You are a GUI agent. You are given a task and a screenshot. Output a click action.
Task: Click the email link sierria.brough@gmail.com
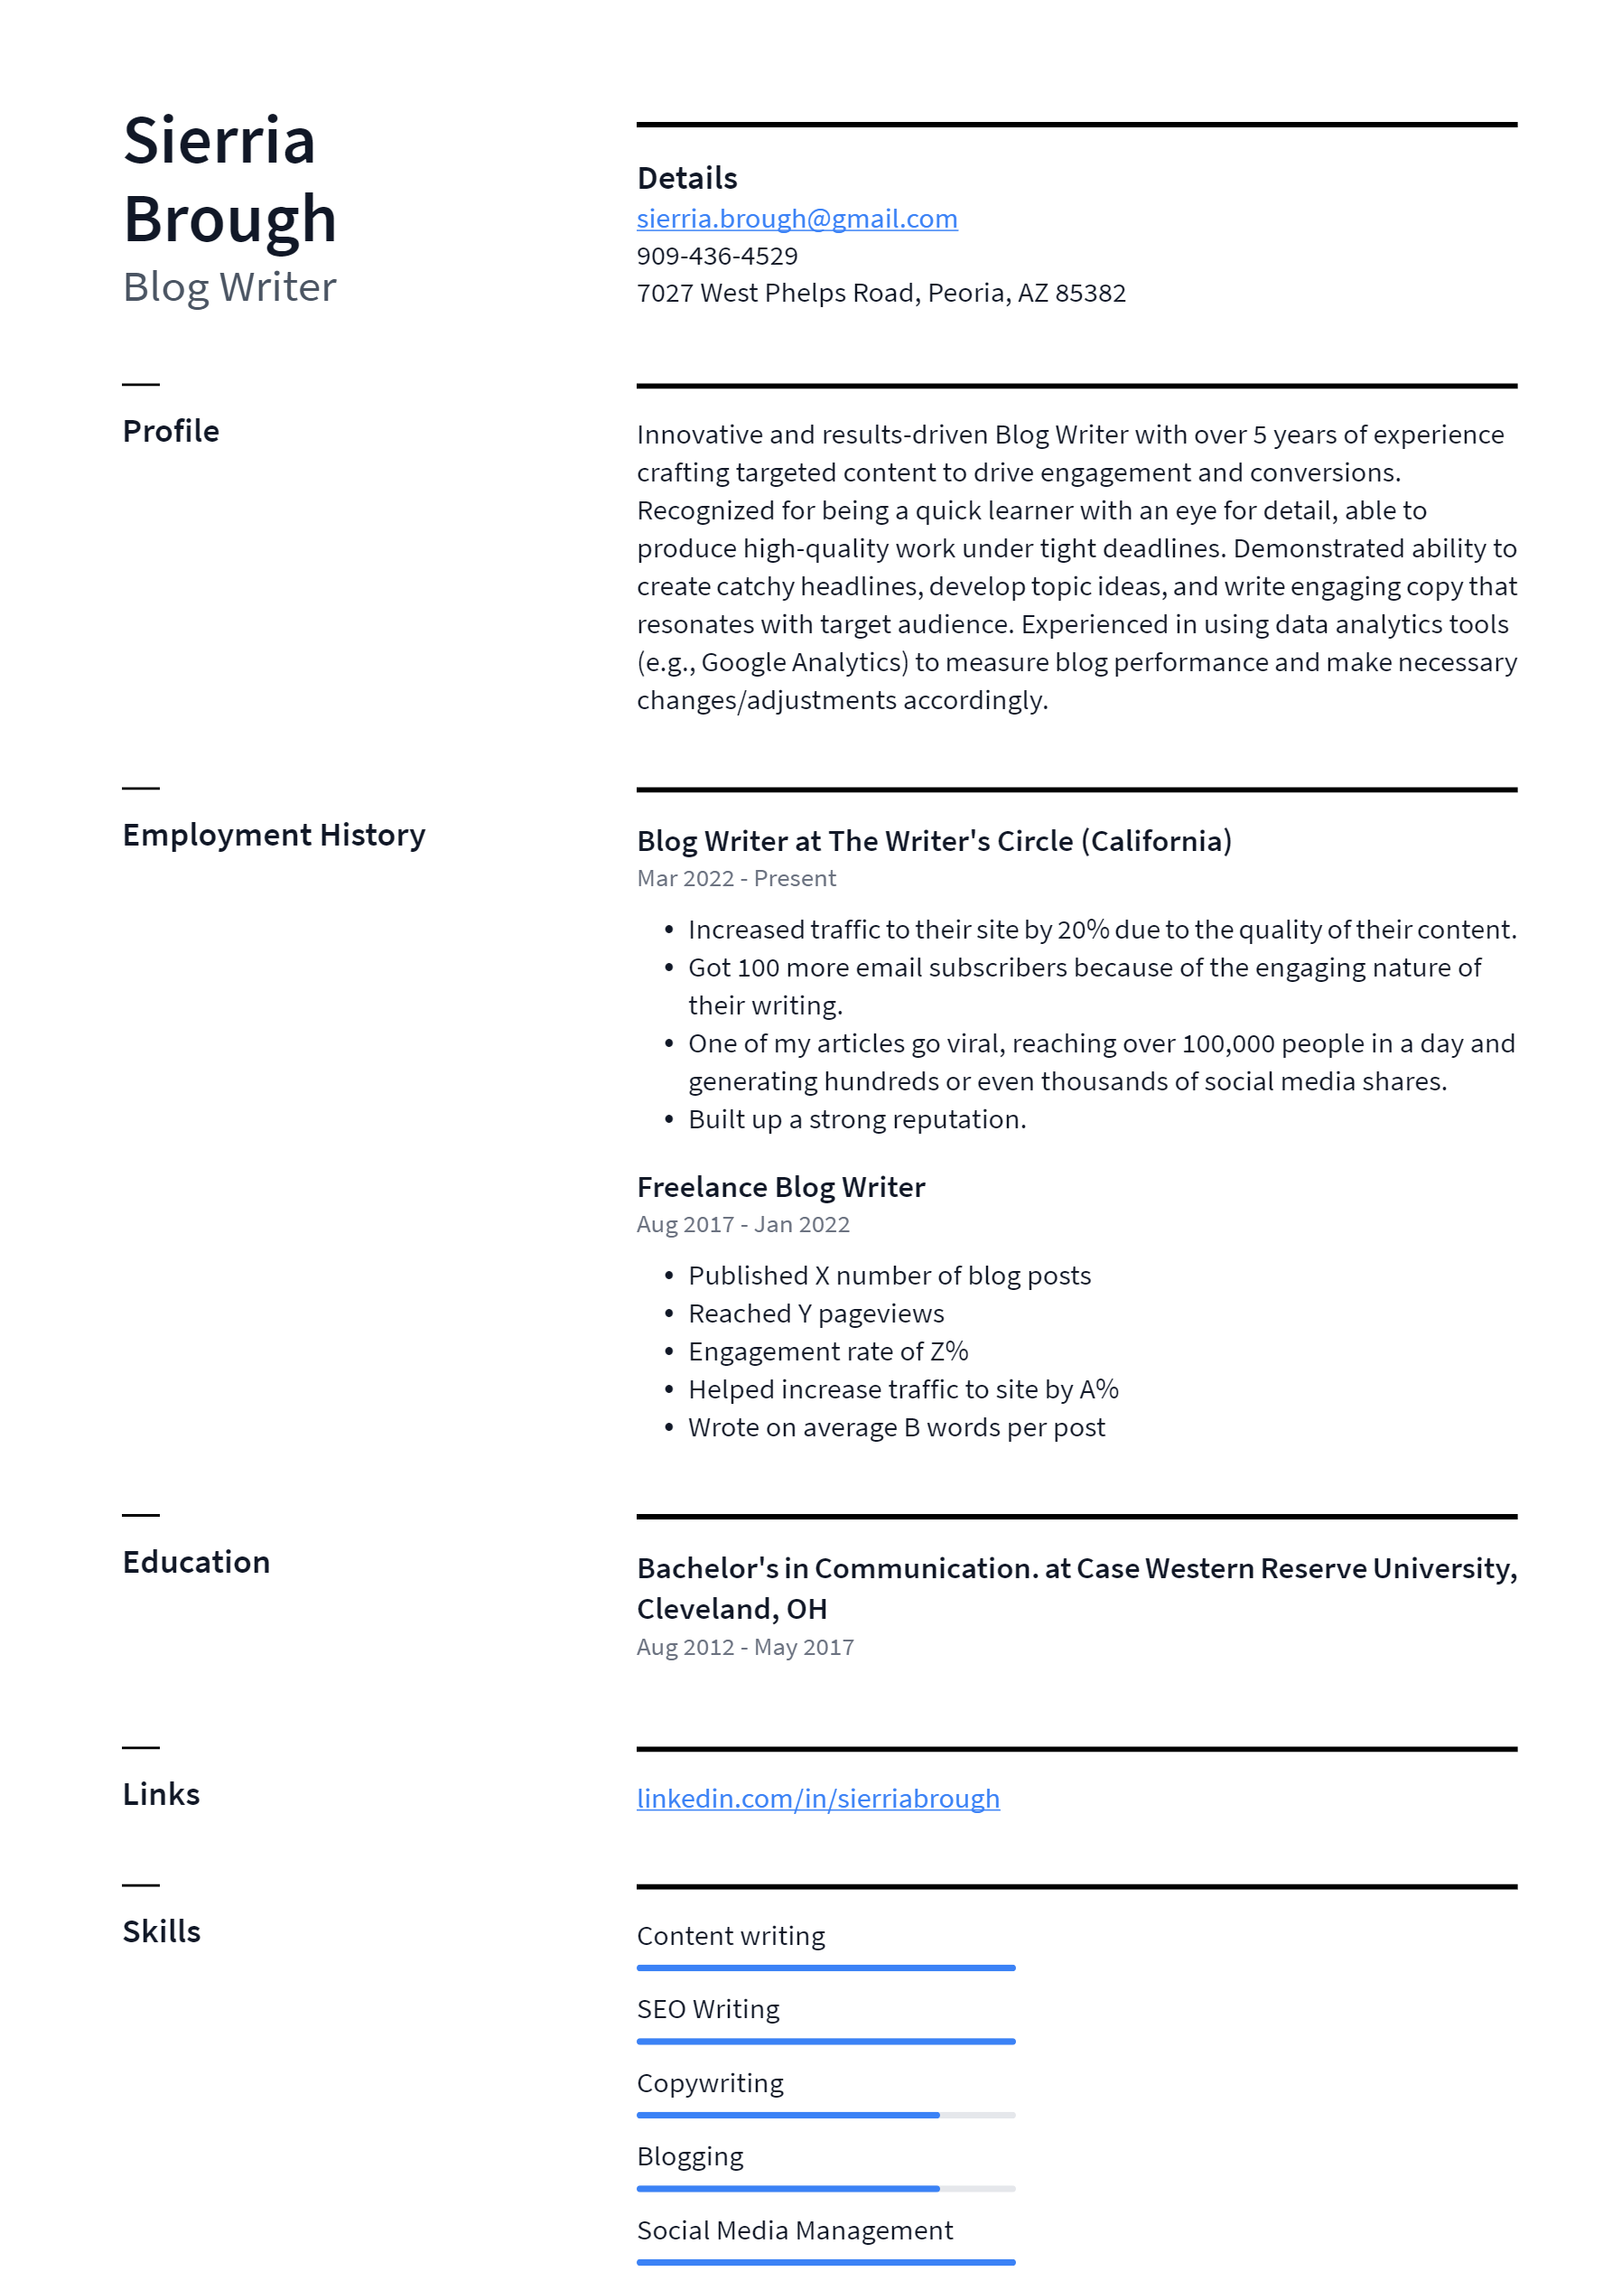(x=797, y=219)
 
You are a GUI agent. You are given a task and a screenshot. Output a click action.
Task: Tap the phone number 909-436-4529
(x=717, y=257)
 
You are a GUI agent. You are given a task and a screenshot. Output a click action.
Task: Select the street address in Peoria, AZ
(x=881, y=293)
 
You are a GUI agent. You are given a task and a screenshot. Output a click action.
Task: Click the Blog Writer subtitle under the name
(x=229, y=287)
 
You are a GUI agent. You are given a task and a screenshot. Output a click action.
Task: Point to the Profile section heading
(x=171, y=431)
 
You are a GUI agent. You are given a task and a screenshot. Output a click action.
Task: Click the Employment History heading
(x=273, y=835)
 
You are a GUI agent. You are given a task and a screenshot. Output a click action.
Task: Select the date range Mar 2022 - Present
(x=736, y=878)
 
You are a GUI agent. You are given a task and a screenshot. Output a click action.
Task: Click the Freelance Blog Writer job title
(x=780, y=1187)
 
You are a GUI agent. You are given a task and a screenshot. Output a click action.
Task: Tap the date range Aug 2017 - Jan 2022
(x=743, y=1224)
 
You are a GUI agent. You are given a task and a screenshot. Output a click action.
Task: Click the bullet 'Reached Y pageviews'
(x=815, y=1313)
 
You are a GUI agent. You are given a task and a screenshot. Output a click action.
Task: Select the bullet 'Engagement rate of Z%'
(x=827, y=1351)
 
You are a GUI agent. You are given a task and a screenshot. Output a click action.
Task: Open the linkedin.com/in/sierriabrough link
(x=817, y=1799)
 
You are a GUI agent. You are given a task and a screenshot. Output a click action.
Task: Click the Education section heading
(x=196, y=1562)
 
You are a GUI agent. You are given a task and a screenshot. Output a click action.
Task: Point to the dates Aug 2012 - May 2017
(x=745, y=1647)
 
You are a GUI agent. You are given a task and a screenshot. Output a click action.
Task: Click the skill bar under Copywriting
(x=825, y=2115)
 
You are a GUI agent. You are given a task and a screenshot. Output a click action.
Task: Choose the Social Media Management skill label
(x=795, y=2230)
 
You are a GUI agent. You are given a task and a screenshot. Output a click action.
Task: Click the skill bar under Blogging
(x=825, y=2189)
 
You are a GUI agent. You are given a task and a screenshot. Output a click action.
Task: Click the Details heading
(x=686, y=178)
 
